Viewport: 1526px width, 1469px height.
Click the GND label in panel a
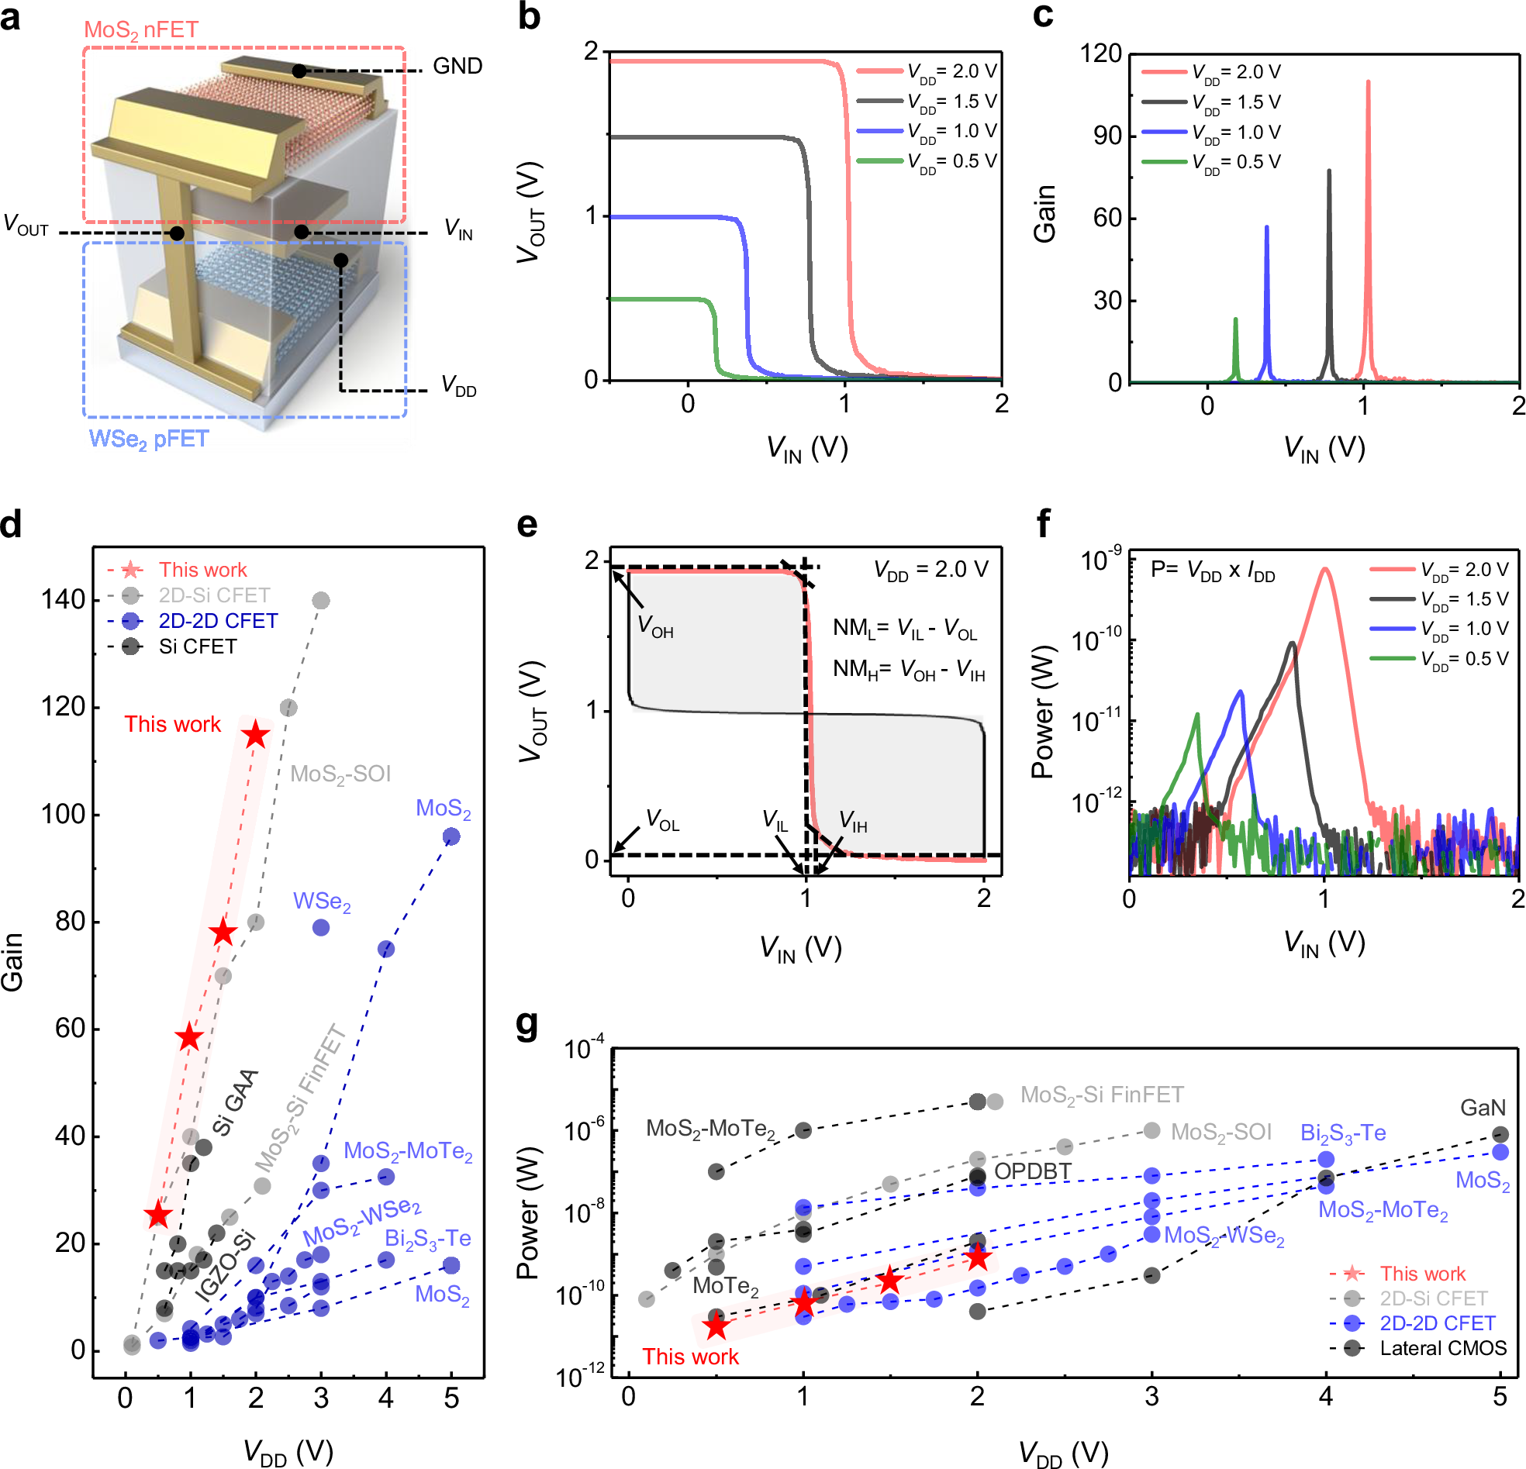click(x=457, y=66)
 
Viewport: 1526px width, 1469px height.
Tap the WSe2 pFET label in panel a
click(x=149, y=439)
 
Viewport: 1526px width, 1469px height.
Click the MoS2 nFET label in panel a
click(x=141, y=29)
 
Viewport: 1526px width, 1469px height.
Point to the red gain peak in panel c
click(x=1368, y=82)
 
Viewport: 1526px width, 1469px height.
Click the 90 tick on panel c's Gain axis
click(x=1107, y=136)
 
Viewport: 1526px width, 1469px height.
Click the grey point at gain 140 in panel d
click(x=320, y=600)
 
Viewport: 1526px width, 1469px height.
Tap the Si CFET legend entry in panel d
click(x=197, y=647)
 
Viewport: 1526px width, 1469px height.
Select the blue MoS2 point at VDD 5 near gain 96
click(x=451, y=837)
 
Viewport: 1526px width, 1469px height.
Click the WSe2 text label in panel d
click(x=322, y=902)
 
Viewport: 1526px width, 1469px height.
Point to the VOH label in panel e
click(x=654, y=626)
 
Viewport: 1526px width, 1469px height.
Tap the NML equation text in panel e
click(x=904, y=628)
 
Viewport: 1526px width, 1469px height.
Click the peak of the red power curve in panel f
click(x=1324, y=570)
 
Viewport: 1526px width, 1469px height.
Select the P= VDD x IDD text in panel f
click(x=1212, y=571)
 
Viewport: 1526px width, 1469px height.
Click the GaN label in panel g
click(x=1483, y=1108)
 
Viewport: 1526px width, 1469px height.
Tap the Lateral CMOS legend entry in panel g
click(x=1443, y=1348)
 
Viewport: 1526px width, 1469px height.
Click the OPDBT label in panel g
click(x=1032, y=1171)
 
